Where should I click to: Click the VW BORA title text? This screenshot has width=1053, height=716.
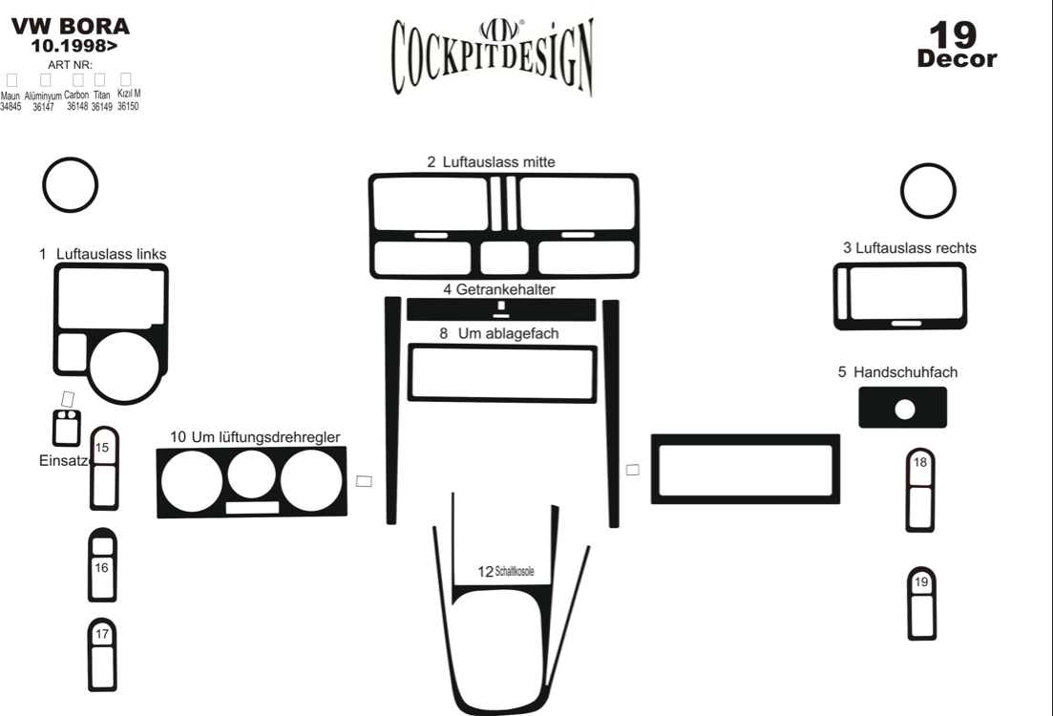click(71, 26)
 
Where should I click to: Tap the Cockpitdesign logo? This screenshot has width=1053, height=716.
click(493, 57)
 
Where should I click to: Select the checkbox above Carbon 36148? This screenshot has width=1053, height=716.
click(78, 80)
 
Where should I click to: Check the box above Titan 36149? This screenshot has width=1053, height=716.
click(100, 80)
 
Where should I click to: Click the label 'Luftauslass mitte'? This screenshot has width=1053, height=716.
click(498, 162)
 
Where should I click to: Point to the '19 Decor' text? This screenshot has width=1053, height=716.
click(957, 45)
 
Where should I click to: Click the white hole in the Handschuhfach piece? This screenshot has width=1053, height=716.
click(905, 409)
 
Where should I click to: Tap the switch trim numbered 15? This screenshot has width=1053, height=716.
click(105, 469)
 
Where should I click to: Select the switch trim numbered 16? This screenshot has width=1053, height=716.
click(102, 565)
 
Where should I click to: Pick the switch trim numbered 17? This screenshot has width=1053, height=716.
click(102, 655)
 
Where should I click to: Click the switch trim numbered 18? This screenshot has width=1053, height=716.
click(920, 491)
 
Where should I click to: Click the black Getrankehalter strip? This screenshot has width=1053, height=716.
click(501, 309)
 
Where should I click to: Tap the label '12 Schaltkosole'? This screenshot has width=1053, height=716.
click(506, 572)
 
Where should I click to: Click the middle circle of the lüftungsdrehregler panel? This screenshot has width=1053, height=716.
click(251, 474)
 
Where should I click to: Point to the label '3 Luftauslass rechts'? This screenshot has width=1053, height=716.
click(909, 248)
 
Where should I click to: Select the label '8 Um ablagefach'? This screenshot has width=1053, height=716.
click(499, 333)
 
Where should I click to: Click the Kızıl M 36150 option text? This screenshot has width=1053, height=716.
click(128, 99)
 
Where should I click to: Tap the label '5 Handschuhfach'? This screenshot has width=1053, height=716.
click(897, 372)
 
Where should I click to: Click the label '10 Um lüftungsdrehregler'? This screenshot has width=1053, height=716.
click(255, 436)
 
